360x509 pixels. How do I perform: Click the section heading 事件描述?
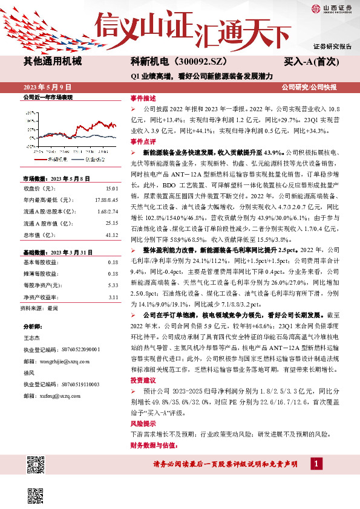tap(143, 98)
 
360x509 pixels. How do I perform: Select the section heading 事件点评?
tap(143, 140)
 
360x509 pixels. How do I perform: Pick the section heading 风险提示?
tap(143, 424)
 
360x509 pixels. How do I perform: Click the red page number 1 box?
tap(316, 463)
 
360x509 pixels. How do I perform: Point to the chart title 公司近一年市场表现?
tap(47, 97)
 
